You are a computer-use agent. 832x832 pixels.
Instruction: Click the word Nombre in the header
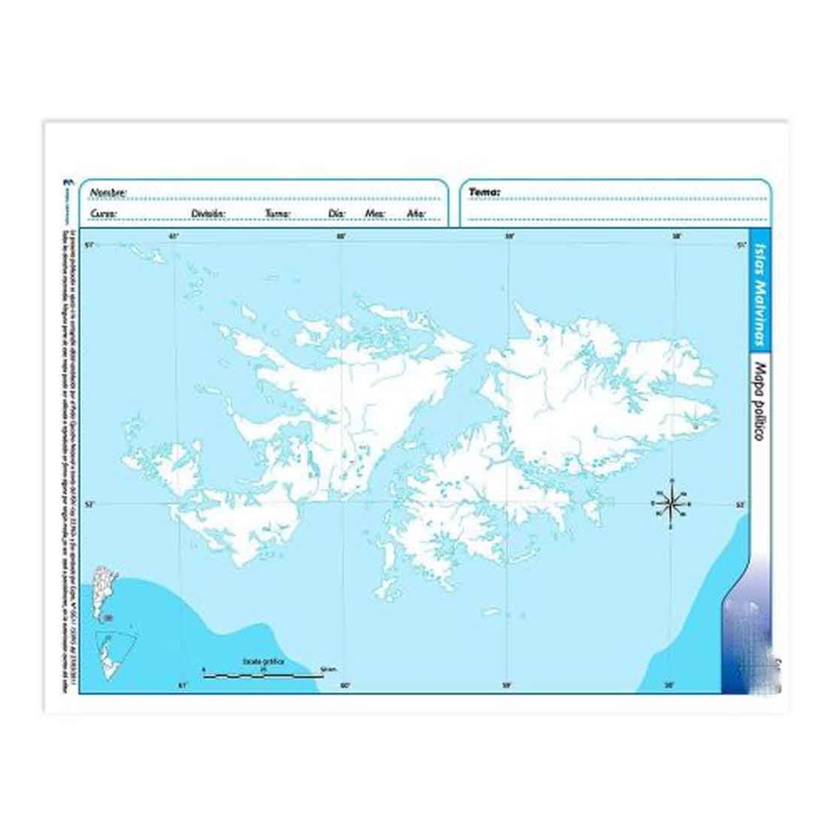pyautogui.click(x=108, y=192)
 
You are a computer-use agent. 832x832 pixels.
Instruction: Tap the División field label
pyautogui.click(x=209, y=214)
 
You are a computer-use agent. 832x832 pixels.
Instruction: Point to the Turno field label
pyautogui.click(x=278, y=214)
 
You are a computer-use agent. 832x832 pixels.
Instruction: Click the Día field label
pyautogui.click(x=337, y=214)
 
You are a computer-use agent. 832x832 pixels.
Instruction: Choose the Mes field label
pyautogui.click(x=374, y=214)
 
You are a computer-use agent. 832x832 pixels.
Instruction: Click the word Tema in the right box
pyautogui.click(x=484, y=192)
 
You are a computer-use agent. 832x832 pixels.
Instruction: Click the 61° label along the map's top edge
pyautogui.click(x=174, y=237)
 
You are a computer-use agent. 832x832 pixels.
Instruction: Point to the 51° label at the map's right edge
pyautogui.click(x=742, y=244)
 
